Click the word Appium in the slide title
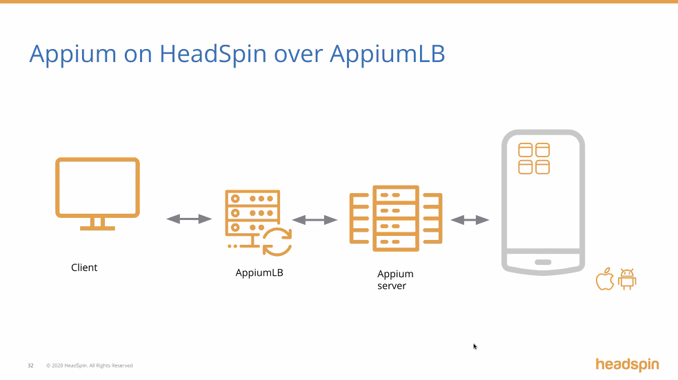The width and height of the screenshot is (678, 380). point(68,54)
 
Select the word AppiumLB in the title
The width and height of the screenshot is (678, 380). point(387,54)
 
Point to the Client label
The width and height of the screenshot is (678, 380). point(84,268)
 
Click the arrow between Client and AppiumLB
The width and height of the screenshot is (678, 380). point(189,219)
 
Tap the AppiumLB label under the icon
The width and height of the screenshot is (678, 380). point(259,272)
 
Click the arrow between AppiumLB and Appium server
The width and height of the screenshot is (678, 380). point(315,220)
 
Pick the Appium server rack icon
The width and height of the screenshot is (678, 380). point(395,219)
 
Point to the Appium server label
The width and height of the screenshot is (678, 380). point(395,280)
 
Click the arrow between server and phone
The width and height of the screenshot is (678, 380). point(470,220)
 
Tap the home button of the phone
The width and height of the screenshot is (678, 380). point(543,262)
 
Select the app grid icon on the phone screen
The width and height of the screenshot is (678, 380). point(534,159)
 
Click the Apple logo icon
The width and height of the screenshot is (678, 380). point(605,279)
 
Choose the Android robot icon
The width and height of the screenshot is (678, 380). point(627,279)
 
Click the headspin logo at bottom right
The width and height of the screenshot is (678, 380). point(627,364)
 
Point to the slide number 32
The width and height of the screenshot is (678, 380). point(30,366)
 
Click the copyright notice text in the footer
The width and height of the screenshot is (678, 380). point(89,366)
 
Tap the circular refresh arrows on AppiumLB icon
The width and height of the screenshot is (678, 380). point(277,241)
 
